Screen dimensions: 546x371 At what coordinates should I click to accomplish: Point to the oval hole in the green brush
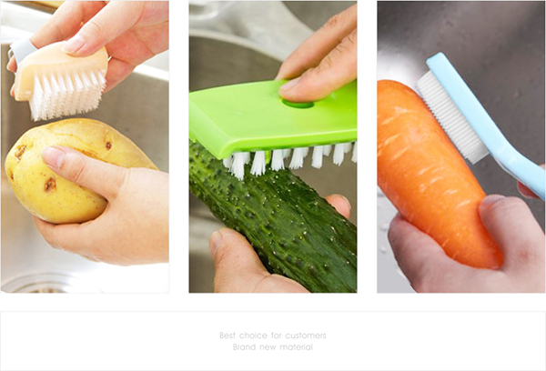298,104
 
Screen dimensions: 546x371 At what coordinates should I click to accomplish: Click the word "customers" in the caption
306,336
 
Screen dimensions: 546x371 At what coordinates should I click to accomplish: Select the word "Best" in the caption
227,336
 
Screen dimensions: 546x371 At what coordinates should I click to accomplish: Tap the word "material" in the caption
297,347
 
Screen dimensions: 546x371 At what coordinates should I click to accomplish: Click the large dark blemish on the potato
50,184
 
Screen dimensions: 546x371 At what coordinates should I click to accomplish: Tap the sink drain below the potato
42,285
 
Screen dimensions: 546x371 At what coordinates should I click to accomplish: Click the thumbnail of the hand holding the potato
53,155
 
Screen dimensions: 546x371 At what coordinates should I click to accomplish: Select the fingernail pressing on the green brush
288,85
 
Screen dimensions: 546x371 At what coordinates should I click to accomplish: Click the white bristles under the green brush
289,160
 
